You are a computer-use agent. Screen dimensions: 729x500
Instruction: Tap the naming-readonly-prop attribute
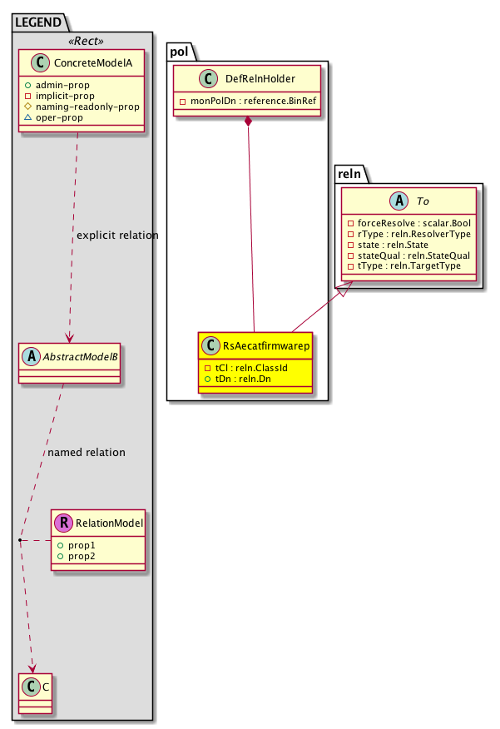point(87,107)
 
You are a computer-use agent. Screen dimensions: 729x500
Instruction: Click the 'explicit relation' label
point(116,236)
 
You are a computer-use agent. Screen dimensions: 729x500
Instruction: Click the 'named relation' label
point(87,453)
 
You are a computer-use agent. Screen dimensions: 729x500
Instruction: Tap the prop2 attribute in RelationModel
point(82,555)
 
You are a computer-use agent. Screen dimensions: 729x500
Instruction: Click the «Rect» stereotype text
point(82,40)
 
